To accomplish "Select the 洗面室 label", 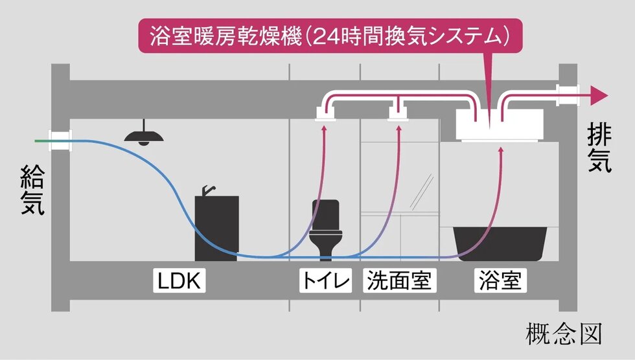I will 398,281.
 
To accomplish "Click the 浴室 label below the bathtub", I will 501,281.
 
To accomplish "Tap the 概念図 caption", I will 564,334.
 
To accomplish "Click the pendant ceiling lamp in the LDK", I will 144,135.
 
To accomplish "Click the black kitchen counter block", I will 216,227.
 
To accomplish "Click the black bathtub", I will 500,243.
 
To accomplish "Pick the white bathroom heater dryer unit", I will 500,124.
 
